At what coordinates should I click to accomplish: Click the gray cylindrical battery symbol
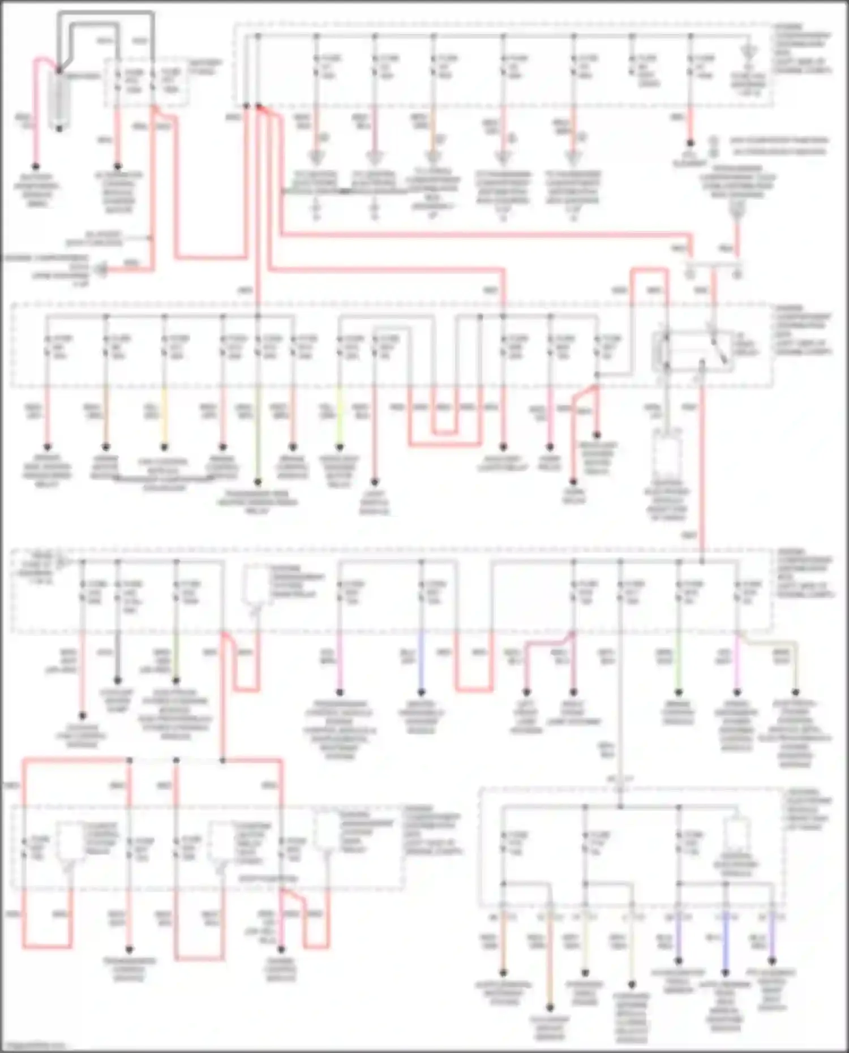click(59, 99)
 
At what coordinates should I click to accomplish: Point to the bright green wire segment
click(678, 662)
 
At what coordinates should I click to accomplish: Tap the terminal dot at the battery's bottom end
click(59, 128)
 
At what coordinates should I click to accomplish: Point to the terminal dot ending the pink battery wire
click(36, 166)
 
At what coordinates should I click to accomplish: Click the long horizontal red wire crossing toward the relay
click(481, 234)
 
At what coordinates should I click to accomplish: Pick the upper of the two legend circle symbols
click(714, 140)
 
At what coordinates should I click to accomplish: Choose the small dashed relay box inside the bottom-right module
click(736, 835)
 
